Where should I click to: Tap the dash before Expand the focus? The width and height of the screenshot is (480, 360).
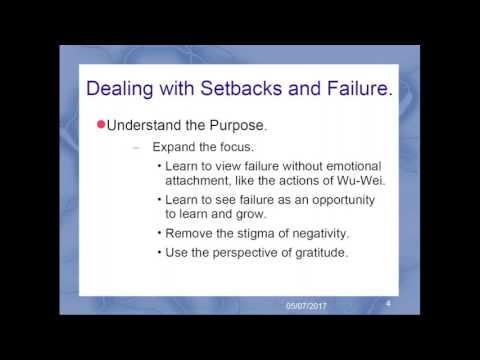point(136,146)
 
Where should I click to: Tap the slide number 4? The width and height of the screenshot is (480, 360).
point(387,301)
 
